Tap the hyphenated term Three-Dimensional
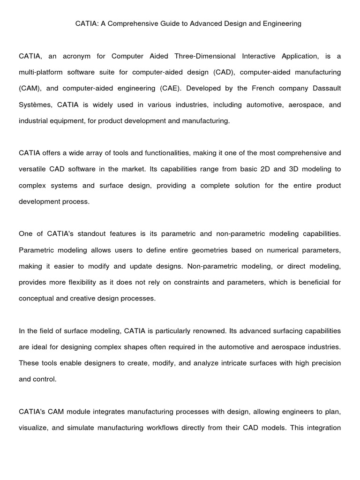(x=204, y=56)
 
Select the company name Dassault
(x=325, y=89)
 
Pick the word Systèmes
(x=33, y=105)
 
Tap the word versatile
(x=34, y=169)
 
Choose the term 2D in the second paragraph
(x=266, y=169)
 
